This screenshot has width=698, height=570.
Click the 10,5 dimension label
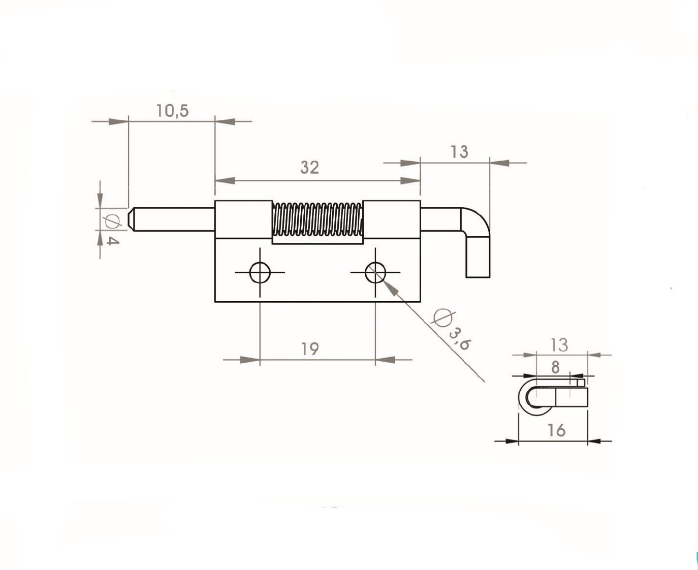[x=172, y=110]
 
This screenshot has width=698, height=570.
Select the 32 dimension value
[x=309, y=167]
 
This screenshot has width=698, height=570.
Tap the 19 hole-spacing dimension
[x=310, y=349]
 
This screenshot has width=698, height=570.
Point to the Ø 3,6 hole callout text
[x=452, y=330]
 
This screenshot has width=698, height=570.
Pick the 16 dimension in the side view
[x=556, y=430]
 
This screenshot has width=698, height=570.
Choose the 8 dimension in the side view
[x=555, y=367]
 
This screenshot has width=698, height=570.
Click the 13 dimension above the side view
[x=559, y=345]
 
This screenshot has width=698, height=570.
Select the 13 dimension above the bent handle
[x=459, y=151]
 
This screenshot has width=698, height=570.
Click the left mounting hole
[x=260, y=272]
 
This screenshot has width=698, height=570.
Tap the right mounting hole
[x=375, y=272]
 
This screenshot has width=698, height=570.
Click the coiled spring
[x=318, y=219]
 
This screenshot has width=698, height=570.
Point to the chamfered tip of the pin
[x=131, y=219]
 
